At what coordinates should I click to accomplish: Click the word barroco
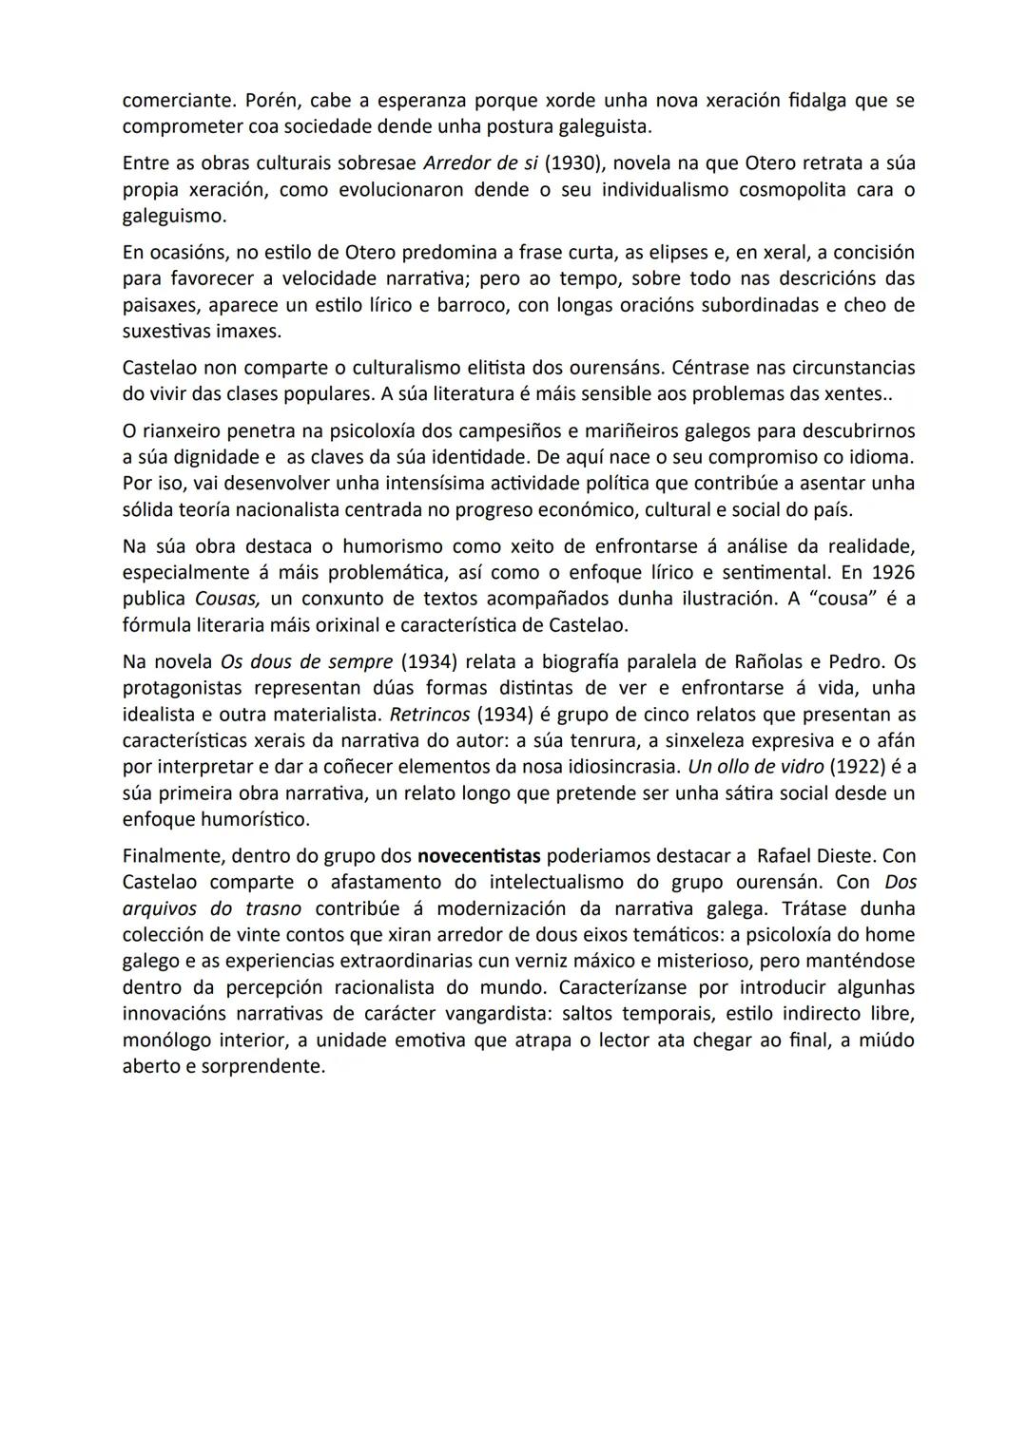tap(470, 306)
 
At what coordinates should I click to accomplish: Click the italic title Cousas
tap(228, 600)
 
